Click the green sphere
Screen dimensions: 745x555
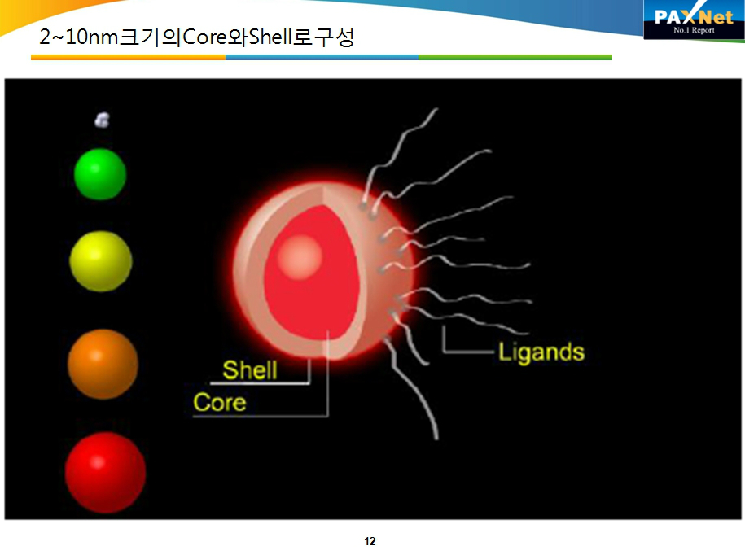point(100,174)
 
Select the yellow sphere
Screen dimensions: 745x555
point(101,261)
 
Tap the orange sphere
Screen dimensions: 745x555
point(103,364)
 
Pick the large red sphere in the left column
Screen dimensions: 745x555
point(105,472)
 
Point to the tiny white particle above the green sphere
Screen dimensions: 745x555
point(102,120)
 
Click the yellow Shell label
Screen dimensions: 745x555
point(250,369)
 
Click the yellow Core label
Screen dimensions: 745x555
point(220,403)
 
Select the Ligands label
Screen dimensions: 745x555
point(541,352)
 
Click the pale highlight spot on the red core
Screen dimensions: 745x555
point(300,257)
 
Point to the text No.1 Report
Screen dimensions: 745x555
point(694,30)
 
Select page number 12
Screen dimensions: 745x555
point(370,541)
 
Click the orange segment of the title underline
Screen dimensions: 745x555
point(129,58)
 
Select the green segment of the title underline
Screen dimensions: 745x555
point(515,58)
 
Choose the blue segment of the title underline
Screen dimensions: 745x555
point(322,58)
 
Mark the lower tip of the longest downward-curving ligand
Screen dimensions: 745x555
point(436,439)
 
